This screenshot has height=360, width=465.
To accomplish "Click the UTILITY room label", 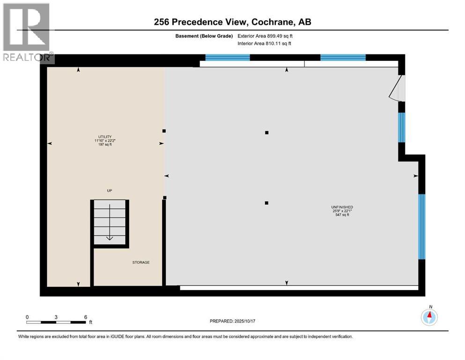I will coord(105,136).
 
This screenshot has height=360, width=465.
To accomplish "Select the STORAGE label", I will coord(140,262).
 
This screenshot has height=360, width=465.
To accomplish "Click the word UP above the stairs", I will coord(109,190).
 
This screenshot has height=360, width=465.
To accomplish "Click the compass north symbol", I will coord(429,317).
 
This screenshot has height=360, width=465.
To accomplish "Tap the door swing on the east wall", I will coord(396,90).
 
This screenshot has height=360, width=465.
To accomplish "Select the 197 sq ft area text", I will coord(105,144).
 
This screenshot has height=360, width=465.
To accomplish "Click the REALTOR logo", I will coord(27,33).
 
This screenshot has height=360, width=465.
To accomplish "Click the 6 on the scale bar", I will coord(86,317).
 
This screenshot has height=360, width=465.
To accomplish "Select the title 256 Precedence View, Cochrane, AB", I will coord(233,22).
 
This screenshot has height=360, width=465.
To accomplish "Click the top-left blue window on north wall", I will coord(228,58).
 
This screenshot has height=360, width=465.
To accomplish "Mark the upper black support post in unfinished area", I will coord(266,133).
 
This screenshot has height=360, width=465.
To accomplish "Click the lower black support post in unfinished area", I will coord(266,203).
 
